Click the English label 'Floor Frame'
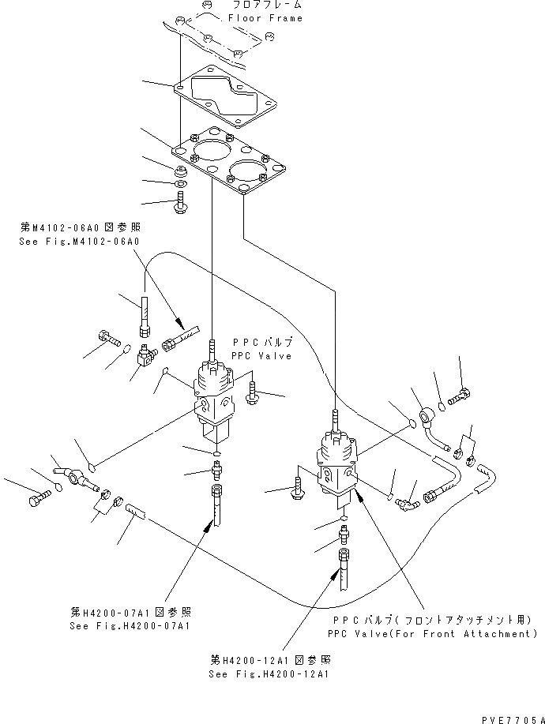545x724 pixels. tap(265, 18)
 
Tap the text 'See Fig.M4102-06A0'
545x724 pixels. tap(79, 242)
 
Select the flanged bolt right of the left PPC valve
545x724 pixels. tap(253, 392)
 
